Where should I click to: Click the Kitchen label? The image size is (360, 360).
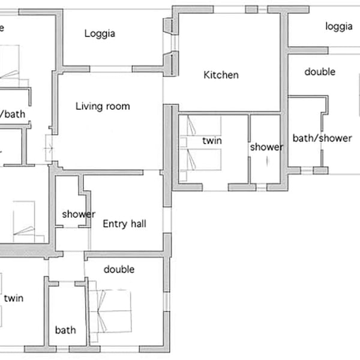(221, 75)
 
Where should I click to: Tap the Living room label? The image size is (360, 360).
(103, 107)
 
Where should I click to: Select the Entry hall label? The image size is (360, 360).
(124, 224)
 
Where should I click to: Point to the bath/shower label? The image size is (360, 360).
(322, 139)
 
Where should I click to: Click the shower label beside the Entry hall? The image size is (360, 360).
(79, 214)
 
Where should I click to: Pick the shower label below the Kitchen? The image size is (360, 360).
(266, 147)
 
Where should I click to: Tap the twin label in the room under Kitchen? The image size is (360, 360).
(212, 140)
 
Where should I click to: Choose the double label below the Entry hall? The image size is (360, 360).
(119, 269)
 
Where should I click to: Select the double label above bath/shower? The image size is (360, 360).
(320, 72)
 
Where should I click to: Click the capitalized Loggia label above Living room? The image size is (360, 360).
(100, 34)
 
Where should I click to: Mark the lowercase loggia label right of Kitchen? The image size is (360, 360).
(339, 26)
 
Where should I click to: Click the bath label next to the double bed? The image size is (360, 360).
(65, 330)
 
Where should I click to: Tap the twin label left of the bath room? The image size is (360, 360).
(14, 298)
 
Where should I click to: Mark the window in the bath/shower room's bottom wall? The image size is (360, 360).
(307, 171)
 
